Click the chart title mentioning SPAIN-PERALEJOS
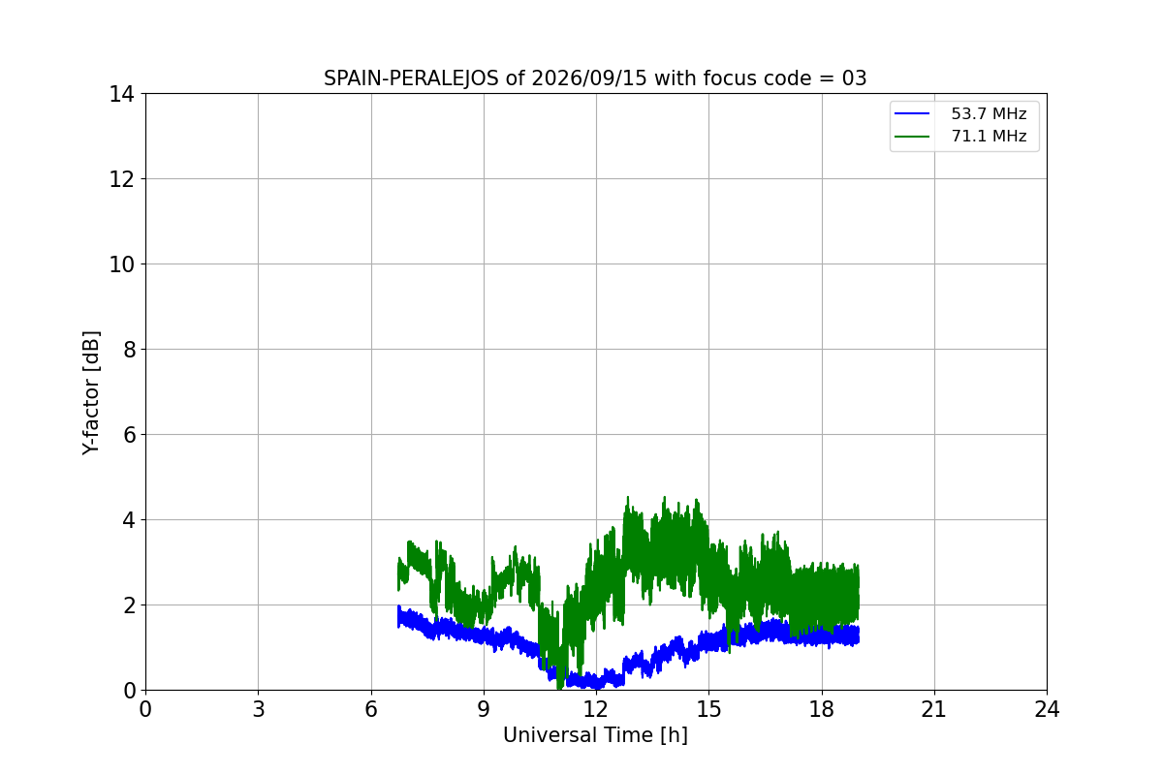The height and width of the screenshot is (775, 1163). coord(595,78)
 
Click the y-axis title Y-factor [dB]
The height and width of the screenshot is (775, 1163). coord(91,393)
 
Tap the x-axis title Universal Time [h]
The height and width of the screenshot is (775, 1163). coord(595,735)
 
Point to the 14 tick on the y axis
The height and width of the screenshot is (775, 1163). coord(121,95)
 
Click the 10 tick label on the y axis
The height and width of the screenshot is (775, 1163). coord(121,264)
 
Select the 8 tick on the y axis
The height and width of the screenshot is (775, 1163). coord(129,350)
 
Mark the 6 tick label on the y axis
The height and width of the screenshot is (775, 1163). coord(129,435)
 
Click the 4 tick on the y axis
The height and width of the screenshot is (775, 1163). coord(129,520)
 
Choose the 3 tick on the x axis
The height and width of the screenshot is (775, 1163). coord(259,709)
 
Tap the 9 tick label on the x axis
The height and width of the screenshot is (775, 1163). coord(484,709)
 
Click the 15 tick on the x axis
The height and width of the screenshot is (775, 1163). coord(709,709)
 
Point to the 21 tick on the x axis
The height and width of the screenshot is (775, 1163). coord(934,709)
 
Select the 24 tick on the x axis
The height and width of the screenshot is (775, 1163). coord(1047,709)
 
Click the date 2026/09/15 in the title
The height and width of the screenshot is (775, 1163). coord(589,78)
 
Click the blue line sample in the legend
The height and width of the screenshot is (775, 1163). coord(912,113)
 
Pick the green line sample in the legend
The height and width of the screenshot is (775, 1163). coord(912,137)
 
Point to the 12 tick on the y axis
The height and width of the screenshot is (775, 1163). coord(121,179)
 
